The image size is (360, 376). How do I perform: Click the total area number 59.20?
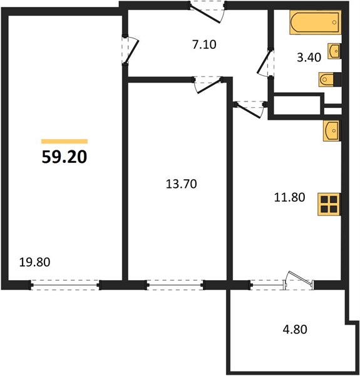[x=64, y=157]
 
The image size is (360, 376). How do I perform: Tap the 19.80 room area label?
[x=34, y=262]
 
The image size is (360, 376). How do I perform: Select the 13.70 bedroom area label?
[x=182, y=184]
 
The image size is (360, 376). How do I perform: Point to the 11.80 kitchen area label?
[x=289, y=197]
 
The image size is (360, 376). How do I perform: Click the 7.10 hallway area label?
[x=204, y=44]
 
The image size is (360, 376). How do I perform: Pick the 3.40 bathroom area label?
[x=309, y=58]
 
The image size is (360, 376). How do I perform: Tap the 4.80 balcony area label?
[x=295, y=330]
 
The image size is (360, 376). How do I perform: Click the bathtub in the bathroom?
[x=315, y=23]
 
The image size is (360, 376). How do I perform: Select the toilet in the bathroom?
[x=330, y=79]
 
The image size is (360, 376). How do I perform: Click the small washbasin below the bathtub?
[x=334, y=51]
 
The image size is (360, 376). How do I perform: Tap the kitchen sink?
[x=332, y=131]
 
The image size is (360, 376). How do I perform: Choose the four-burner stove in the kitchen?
[x=329, y=204]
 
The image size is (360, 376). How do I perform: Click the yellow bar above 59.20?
[x=64, y=141]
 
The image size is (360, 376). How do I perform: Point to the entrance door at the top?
[x=207, y=13]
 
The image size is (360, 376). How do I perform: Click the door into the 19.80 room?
[x=130, y=50]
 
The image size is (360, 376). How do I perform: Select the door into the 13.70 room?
[x=208, y=85]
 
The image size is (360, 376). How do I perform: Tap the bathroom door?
[x=265, y=62]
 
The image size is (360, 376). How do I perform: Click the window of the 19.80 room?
[x=64, y=285]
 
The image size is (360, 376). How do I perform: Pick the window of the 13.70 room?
[x=175, y=285]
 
